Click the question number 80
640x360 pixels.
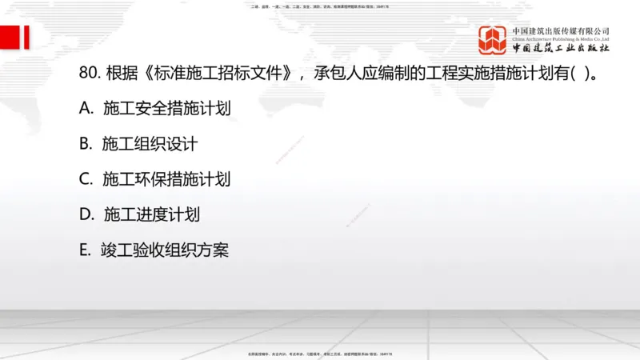pos(89,74)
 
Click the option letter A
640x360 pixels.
pos(86,109)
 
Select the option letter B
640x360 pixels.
pos(86,144)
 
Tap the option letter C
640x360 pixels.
pos(86,179)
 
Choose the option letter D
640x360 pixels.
pos(86,214)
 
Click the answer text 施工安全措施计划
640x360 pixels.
pos(167,109)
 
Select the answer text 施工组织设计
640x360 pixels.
pos(150,144)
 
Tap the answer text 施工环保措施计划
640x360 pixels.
pos(166,179)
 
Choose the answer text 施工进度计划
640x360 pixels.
pos(151,214)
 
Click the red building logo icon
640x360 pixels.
pos(493,40)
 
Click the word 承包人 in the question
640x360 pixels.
pos(334,74)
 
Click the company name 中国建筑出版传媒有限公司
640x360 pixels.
pos(561,30)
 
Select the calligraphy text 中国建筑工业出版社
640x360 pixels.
pos(561,48)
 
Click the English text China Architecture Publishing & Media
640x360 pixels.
pos(561,38)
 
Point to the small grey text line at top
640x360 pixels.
pos(320,6)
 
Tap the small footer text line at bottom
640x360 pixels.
pos(320,353)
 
